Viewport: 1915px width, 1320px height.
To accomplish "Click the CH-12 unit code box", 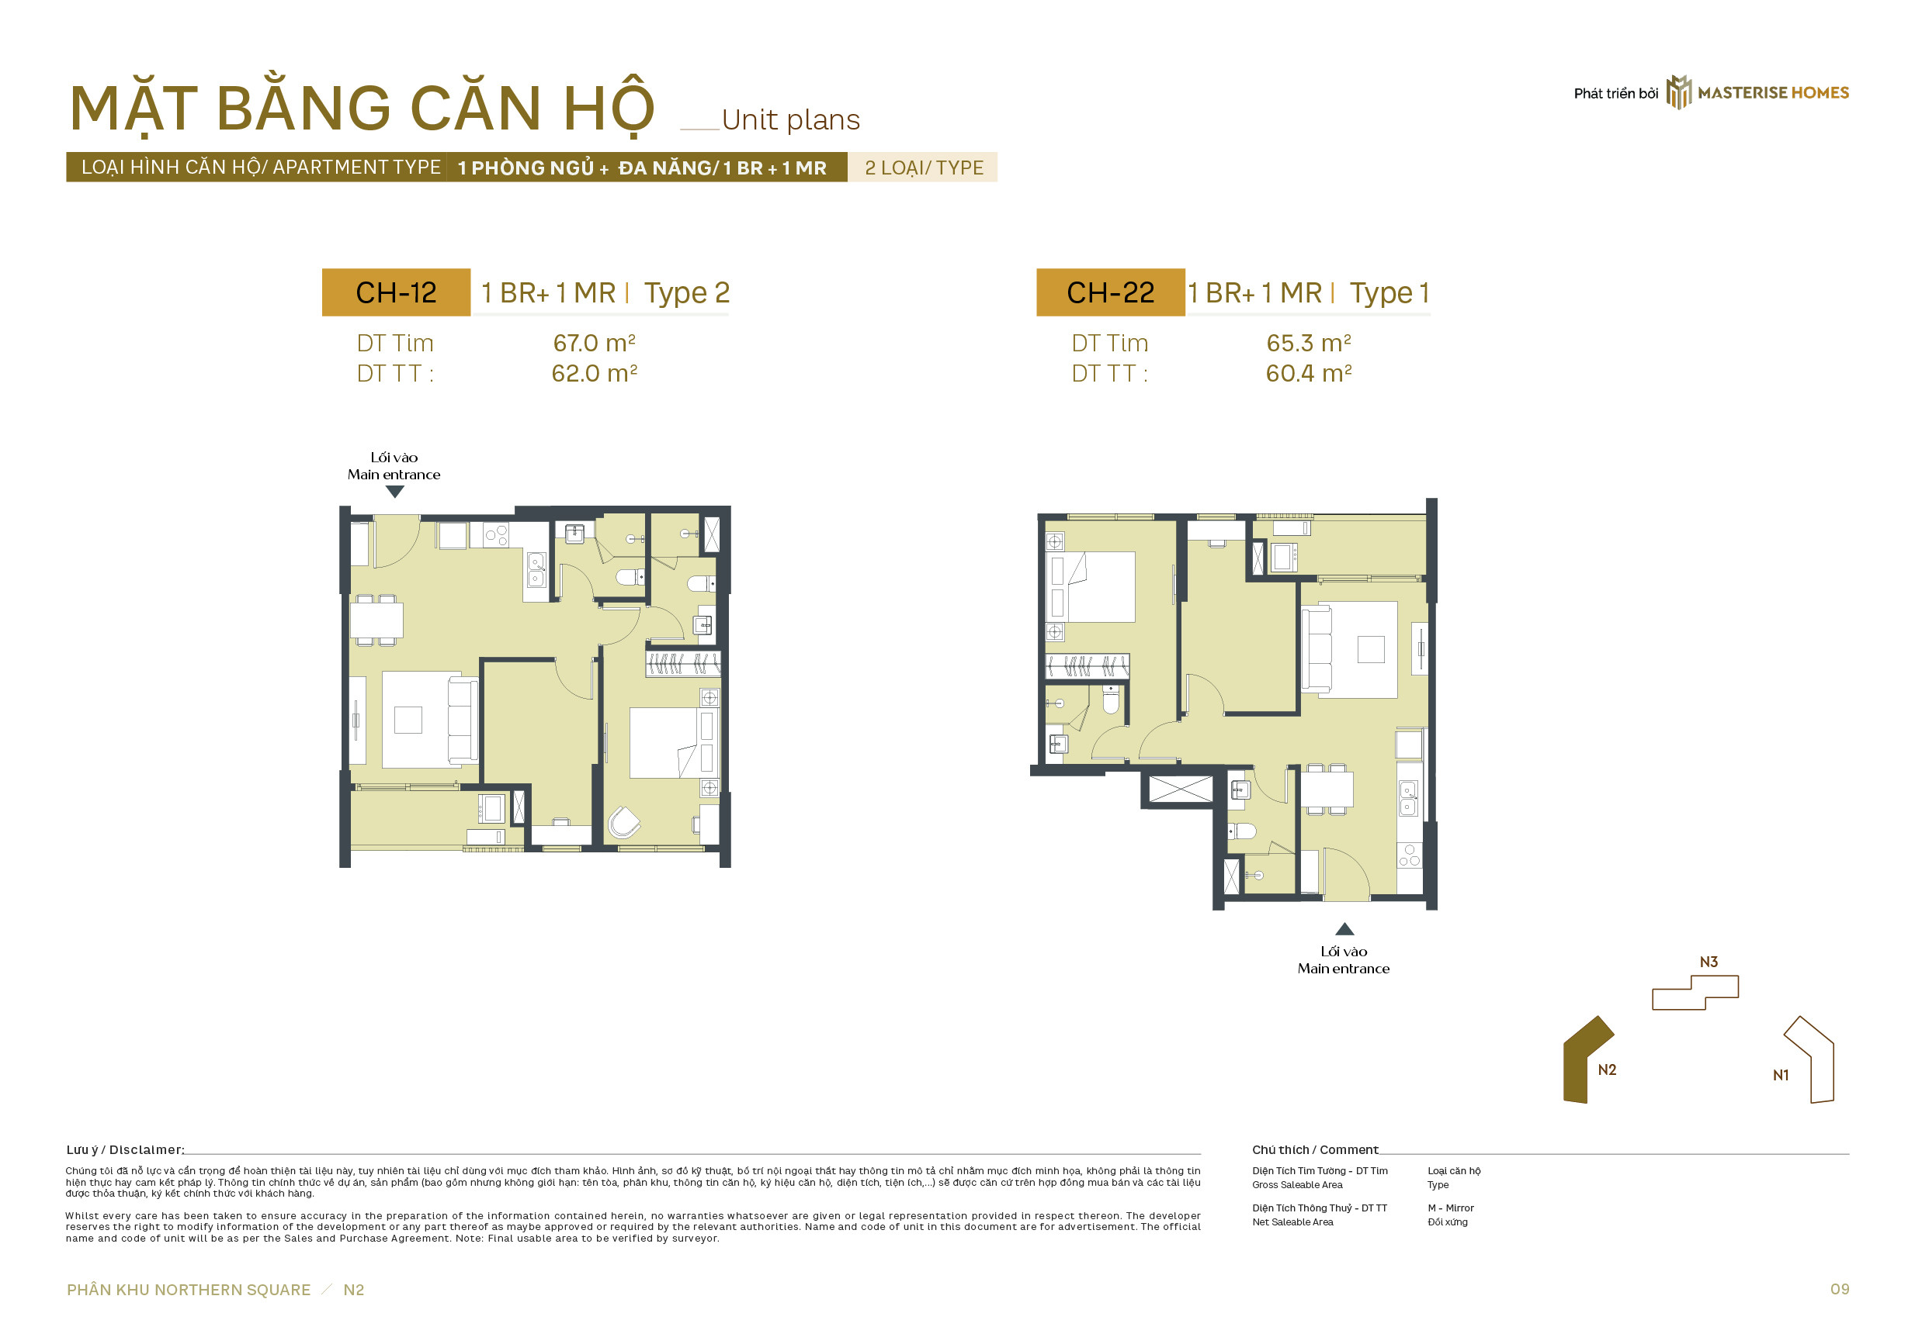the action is click(396, 292).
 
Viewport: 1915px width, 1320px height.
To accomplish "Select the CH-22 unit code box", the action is click(1110, 292).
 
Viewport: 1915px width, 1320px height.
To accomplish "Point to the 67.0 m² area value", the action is click(594, 342).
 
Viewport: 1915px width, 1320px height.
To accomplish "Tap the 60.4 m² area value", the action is click(1309, 373).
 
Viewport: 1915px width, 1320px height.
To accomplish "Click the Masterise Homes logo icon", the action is click(1678, 92).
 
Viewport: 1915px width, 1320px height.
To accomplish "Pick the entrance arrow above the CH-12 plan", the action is click(395, 491).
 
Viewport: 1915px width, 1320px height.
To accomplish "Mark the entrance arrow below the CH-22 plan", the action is click(1344, 929).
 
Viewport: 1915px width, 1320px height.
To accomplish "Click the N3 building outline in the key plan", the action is click(1695, 993).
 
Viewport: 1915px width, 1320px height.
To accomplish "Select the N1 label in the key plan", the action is click(1781, 1075).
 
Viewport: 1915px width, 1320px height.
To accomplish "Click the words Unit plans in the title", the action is click(790, 121).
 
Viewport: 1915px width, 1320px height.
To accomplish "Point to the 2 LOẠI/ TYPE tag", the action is click(924, 168).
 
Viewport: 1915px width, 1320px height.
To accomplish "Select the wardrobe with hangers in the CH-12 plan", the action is click(683, 663).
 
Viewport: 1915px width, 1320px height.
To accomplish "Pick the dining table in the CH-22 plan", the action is click(1327, 789).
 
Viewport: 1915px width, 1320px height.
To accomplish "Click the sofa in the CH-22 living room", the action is click(1317, 648).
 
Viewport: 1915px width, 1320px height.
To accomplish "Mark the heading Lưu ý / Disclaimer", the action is click(125, 1149).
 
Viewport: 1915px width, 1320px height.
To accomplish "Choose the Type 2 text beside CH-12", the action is click(687, 294).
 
